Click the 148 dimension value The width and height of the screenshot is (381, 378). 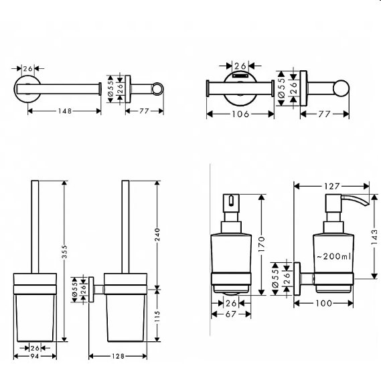65,111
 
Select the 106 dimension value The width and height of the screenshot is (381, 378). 240,114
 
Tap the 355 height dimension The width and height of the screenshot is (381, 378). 64,252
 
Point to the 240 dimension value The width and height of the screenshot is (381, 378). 157,235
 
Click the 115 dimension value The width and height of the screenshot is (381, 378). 157,316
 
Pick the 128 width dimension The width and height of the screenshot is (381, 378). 118,356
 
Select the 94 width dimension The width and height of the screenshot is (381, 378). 35,356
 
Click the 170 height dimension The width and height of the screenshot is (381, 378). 261,244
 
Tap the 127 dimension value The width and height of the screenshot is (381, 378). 331,187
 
